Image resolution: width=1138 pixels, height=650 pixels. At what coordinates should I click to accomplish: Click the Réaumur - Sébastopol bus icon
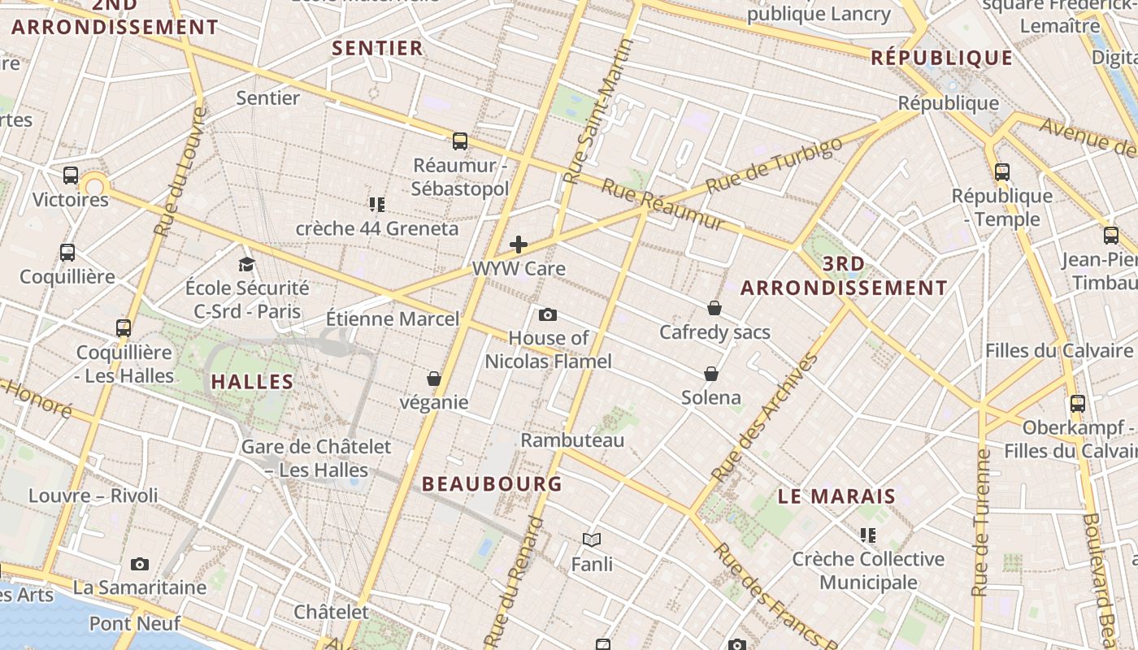[460, 141]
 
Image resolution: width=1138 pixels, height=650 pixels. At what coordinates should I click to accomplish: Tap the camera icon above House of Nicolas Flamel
[548, 314]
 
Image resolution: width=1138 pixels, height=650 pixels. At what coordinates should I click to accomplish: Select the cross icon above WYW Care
[519, 245]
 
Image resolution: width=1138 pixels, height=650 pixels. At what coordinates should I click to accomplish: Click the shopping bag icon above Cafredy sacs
[714, 308]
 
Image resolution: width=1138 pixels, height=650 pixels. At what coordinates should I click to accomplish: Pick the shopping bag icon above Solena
[711, 374]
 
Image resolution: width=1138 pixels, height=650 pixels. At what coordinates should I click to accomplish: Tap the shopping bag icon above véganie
[434, 379]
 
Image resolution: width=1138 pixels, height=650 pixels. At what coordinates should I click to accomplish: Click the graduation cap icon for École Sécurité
[246, 264]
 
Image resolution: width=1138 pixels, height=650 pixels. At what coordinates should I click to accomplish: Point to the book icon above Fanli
[592, 539]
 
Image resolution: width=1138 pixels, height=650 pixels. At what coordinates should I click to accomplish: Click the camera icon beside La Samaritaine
[140, 564]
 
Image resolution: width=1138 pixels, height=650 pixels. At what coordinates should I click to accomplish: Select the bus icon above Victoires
[71, 175]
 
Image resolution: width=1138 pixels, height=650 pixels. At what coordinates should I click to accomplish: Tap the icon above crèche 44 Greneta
[376, 204]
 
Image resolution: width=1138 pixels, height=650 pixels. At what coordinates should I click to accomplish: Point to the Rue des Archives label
[763, 417]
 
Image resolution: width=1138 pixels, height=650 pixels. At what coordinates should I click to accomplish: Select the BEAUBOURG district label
[492, 483]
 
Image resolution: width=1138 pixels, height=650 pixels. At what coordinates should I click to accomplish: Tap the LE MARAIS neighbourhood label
[836, 496]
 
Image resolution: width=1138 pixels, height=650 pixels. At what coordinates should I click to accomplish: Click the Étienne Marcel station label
[393, 318]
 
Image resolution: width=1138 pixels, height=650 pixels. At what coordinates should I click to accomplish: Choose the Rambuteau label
[572, 440]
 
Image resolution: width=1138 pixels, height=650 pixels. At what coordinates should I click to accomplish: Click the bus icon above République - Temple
[1002, 172]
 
